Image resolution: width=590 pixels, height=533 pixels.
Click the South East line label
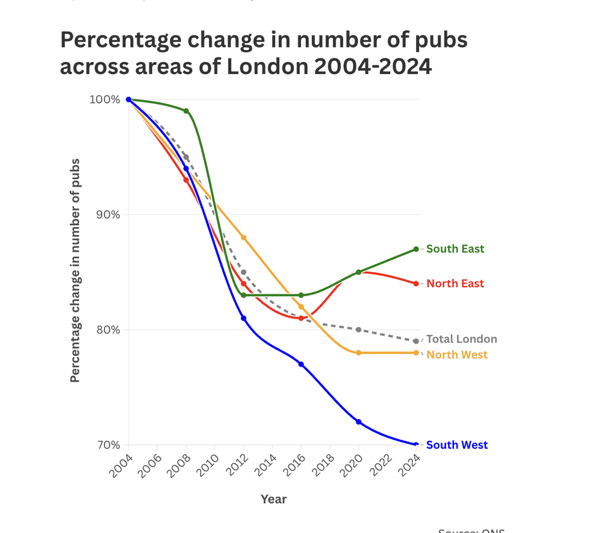[x=455, y=249]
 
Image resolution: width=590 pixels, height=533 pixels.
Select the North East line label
[x=455, y=284]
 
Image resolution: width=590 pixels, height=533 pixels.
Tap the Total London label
[x=461, y=339]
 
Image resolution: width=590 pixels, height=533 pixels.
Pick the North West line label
[x=457, y=355]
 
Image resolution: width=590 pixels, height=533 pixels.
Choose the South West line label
[x=456, y=445]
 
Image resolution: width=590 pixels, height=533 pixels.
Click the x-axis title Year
[x=273, y=499]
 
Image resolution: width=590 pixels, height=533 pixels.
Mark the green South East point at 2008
[x=186, y=111]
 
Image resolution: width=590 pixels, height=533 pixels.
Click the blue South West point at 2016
[x=301, y=364]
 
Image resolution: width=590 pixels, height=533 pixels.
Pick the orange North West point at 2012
[x=243, y=238]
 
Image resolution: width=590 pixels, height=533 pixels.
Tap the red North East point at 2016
[x=301, y=318]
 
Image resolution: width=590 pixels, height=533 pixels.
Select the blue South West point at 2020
[x=358, y=422]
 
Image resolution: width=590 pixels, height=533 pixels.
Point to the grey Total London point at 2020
[x=358, y=330]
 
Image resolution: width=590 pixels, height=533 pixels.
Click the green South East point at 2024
[x=416, y=249]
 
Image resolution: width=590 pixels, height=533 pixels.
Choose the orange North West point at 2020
[x=358, y=353]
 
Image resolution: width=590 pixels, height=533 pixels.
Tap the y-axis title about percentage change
[x=75, y=271]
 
